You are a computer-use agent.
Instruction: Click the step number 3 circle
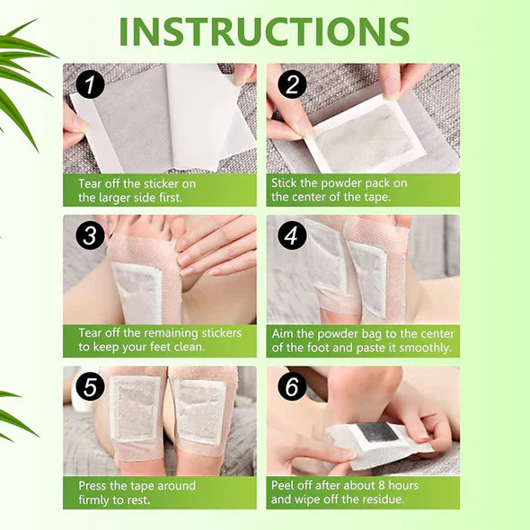[x=88, y=235]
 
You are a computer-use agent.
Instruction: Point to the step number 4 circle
[x=292, y=235]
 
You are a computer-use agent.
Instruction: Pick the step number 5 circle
[x=88, y=386]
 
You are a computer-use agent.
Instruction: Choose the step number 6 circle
[x=292, y=386]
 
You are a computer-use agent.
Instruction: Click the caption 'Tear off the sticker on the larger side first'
[x=137, y=190]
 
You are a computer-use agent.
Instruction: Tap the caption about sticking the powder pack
[x=339, y=190]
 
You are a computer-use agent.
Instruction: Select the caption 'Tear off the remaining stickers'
[x=159, y=340]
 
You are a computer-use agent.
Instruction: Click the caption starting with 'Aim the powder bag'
[x=362, y=340]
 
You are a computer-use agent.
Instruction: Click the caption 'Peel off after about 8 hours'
[x=345, y=491]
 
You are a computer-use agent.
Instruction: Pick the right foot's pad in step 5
[x=199, y=411]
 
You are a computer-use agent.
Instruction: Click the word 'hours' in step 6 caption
[x=401, y=485]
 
